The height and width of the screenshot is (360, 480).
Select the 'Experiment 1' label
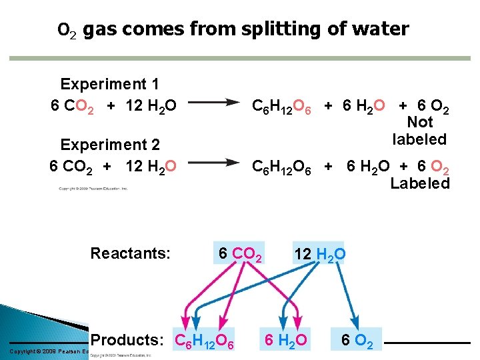(109, 84)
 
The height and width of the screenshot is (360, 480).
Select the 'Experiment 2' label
(109, 145)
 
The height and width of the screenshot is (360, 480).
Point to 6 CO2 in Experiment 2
(72, 165)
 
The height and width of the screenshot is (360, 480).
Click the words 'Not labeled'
(419, 131)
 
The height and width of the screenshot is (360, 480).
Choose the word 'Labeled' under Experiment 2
(420, 183)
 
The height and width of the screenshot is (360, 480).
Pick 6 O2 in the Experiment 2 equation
(431, 165)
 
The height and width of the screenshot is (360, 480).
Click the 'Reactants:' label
(131, 253)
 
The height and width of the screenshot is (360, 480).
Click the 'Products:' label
(127, 340)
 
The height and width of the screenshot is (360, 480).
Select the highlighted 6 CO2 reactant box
(239, 253)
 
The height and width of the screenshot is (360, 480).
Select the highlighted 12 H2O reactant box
(319, 253)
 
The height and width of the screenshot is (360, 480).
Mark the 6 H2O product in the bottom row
(285, 341)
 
